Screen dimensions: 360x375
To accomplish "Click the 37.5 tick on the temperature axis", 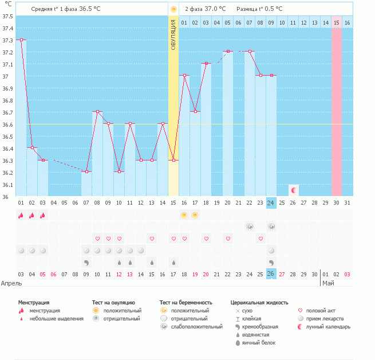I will pyautogui.click(x=8, y=16).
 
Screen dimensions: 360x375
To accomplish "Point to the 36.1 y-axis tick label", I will pyautogui.click(x=8, y=185).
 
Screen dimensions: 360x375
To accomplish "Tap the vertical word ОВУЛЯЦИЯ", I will pyautogui.click(x=173, y=35).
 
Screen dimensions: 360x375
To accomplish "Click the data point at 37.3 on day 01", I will pyautogui.click(x=21, y=40).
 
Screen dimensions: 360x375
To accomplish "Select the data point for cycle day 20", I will pyautogui.click(x=228, y=52).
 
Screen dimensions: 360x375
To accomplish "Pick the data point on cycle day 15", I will pyautogui.click(x=173, y=161).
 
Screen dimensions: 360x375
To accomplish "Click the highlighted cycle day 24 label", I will pyautogui.click(x=271, y=202).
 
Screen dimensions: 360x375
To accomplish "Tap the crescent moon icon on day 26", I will pyautogui.click(x=293, y=190).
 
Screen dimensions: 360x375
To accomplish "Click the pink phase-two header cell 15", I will pyautogui.click(x=337, y=22).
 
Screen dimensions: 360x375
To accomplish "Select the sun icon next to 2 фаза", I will pyautogui.click(x=173, y=9).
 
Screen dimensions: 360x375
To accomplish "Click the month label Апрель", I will pyautogui.click(x=11, y=283).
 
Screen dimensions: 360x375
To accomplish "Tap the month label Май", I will pyautogui.click(x=328, y=283).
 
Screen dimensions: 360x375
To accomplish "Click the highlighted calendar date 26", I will pyautogui.click(x=271, y=275).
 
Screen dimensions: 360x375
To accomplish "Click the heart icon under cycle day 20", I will pyautogui.click(x=228, y=238).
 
